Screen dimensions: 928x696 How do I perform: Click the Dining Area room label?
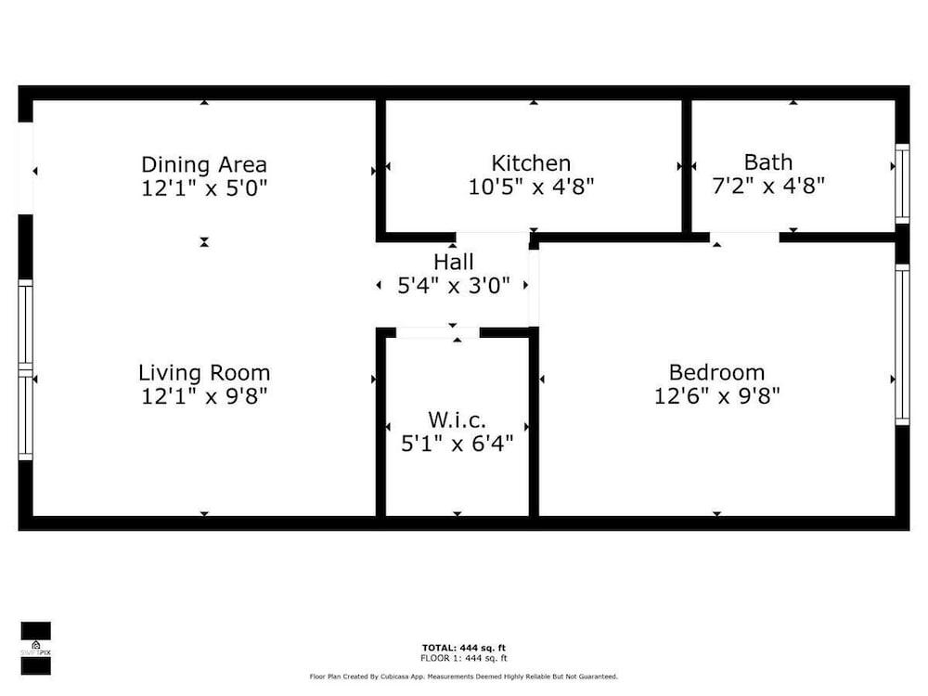point(204,164)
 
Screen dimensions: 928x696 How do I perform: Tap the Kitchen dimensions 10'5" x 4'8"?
point(531,187)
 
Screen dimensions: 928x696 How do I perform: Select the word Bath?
point(768,162)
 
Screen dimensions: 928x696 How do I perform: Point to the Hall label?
point(454,262)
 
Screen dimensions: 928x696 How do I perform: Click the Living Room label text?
point(204,373)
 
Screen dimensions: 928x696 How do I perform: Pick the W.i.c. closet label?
point(457,419)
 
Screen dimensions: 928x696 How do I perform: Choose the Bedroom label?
point(716,372)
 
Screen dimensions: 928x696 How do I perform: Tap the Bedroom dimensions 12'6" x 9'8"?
point(716,395)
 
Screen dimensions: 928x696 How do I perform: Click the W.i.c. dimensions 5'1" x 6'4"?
point(457,443)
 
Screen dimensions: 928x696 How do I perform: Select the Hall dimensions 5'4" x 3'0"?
point(454,286)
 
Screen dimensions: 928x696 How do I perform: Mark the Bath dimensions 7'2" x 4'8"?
point(768,186)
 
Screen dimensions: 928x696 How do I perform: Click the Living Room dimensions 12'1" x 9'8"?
point(204,396)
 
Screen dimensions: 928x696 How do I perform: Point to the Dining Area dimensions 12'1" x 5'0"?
point(204,188)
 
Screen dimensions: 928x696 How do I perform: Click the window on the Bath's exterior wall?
point(902,184)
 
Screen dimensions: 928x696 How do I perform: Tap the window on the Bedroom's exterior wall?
point(902,344)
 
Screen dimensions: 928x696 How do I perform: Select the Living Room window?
point(25,370)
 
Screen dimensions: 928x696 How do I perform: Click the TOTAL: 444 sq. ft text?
point(464,648)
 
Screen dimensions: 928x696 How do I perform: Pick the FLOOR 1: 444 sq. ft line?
point(464,658)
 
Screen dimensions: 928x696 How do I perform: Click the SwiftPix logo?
point(35,648)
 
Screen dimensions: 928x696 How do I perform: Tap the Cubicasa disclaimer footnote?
point(464,677)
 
